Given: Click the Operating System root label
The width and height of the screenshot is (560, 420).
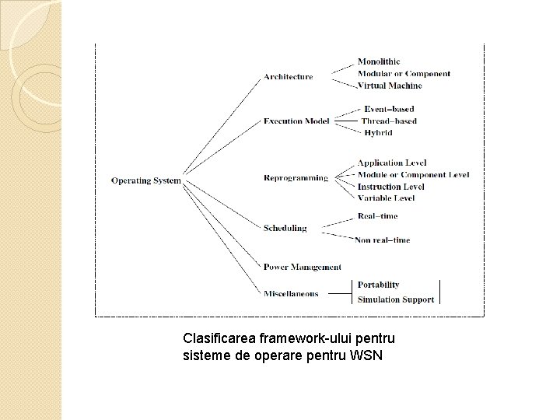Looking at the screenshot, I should (145, 180).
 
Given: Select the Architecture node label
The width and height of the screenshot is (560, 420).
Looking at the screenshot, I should (288, 76).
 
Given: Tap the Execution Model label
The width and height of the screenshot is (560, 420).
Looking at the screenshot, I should (296, 121).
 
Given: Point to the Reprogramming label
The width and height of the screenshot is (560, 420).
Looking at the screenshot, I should (296, 178).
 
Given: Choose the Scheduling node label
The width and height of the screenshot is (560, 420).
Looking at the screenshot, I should (285, 228).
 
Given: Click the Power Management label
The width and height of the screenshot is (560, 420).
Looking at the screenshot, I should (302, 267).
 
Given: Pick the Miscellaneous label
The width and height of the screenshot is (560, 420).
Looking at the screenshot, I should (290, 293).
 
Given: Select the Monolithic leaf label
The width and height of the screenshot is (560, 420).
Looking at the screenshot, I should (379, 61).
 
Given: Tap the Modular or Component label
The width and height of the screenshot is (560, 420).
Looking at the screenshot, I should (404, 74).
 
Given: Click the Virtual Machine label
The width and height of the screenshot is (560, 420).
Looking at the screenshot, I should (390, 86).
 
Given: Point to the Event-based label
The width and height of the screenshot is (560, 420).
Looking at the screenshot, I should (389, 109).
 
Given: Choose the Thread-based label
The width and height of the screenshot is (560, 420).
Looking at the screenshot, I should (389, 121).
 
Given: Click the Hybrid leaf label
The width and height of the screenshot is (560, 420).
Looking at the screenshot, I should (378, 133).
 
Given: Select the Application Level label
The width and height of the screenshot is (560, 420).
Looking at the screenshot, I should (391, 163).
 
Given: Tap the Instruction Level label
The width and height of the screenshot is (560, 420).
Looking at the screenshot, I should (390, 187).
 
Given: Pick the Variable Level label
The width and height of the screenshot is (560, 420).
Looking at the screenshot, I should (386, 198).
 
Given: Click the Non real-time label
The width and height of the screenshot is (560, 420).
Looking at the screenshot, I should (382, 240).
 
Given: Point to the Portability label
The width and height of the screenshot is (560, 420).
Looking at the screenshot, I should (378, 285).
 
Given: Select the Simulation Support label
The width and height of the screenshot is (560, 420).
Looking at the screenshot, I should (395, 299).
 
